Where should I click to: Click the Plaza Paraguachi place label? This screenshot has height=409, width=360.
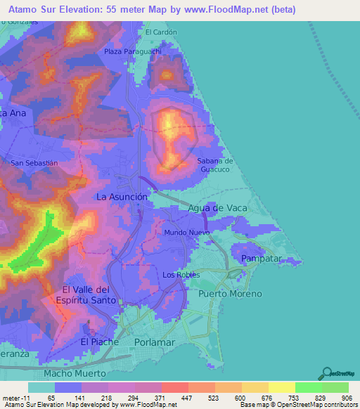pos(133,51)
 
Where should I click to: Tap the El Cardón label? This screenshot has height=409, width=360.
pos(161,32)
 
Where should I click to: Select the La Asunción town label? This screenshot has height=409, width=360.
pos(122,197)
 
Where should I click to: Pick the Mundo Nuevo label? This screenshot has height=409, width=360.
pos(187,232)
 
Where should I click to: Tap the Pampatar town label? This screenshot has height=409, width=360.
pos(261,259)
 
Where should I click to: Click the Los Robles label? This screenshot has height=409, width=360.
pos(181,275)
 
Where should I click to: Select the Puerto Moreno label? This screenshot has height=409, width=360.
pos(230,293)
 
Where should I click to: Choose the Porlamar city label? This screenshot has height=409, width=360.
pos(153,342)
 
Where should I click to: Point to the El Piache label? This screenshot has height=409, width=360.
pos(95,342)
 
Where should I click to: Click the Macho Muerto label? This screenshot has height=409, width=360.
pos(75,373)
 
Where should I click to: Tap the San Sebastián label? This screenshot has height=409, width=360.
pos(34,162)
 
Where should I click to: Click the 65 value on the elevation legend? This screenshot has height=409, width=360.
pos(51,398)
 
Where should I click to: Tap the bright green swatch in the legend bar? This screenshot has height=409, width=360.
pos(308,387)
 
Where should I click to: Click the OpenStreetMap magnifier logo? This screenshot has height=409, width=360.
pos(326,372)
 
